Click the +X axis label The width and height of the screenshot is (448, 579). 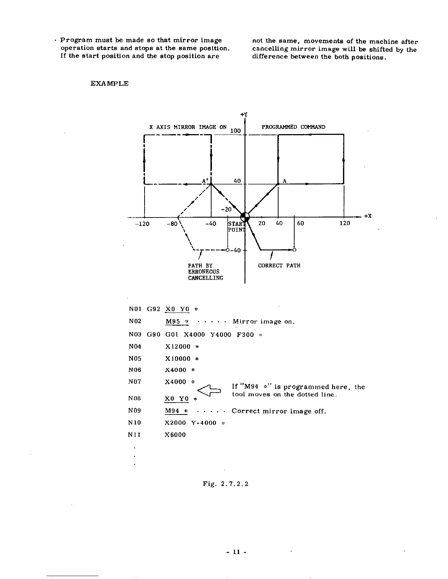point(368,216)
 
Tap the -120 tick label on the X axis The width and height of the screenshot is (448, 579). point(142,223)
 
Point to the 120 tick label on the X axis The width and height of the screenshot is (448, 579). point(345,223)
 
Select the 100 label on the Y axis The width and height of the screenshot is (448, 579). point(236,131)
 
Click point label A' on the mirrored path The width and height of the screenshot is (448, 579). point(205,181)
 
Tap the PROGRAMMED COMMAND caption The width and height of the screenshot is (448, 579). point(293,127)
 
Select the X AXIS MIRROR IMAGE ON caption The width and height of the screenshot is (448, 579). point(188,127)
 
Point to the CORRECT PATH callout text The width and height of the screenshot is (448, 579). point(279,265)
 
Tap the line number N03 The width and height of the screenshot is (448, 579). point(135,334)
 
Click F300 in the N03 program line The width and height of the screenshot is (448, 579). point(246,334)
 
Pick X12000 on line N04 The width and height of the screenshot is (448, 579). point(178,347)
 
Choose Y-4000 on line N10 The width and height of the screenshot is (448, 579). point(204,423)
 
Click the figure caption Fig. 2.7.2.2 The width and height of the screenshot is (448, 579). point(226,484)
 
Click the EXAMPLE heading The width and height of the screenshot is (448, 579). point(109,83)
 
